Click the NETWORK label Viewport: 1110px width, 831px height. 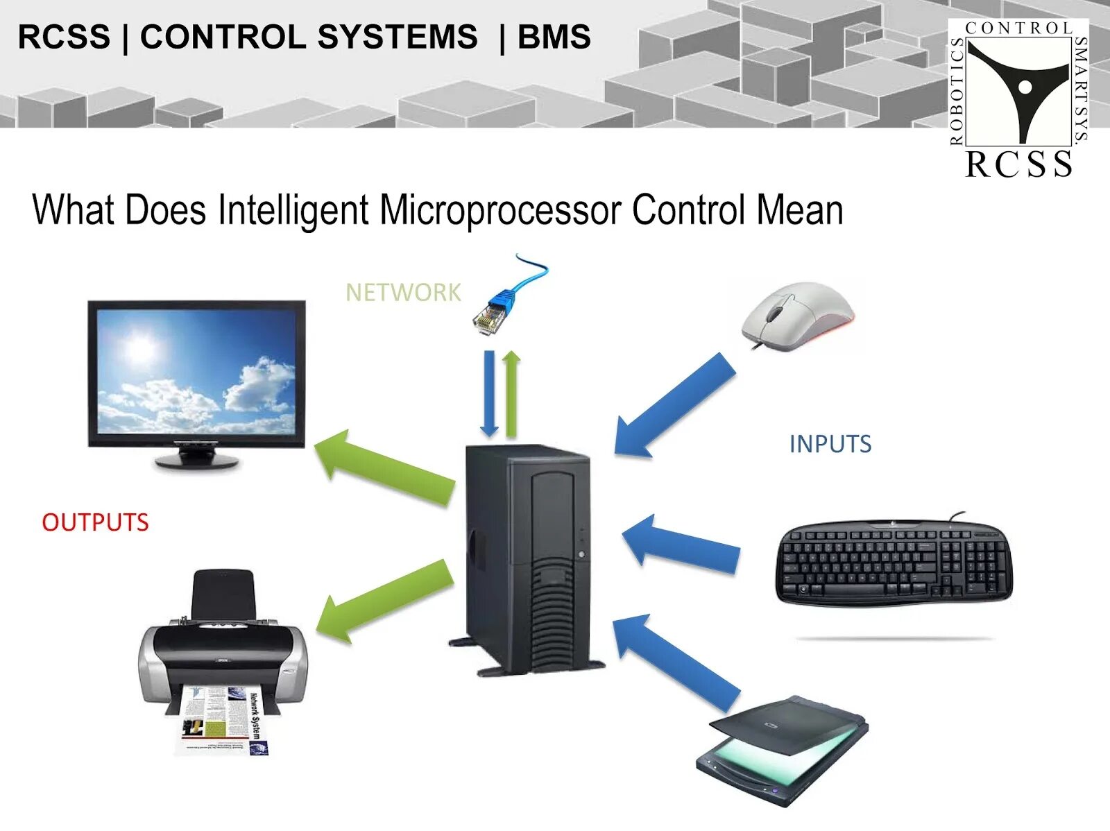pos(403,293)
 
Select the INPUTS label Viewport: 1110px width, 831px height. pos(830,444)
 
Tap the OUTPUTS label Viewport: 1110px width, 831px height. pos(95,522)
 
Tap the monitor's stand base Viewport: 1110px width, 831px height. pos(197,459)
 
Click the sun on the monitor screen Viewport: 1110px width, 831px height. pos(141,347)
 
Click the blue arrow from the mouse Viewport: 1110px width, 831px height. pos(673,406)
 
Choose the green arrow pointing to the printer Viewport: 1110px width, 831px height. pos(385,601)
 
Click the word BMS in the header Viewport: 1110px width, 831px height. pos(554,37)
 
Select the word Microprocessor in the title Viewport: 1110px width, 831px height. pos(499,210)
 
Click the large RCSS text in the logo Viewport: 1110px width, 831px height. pos(1018,164)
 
